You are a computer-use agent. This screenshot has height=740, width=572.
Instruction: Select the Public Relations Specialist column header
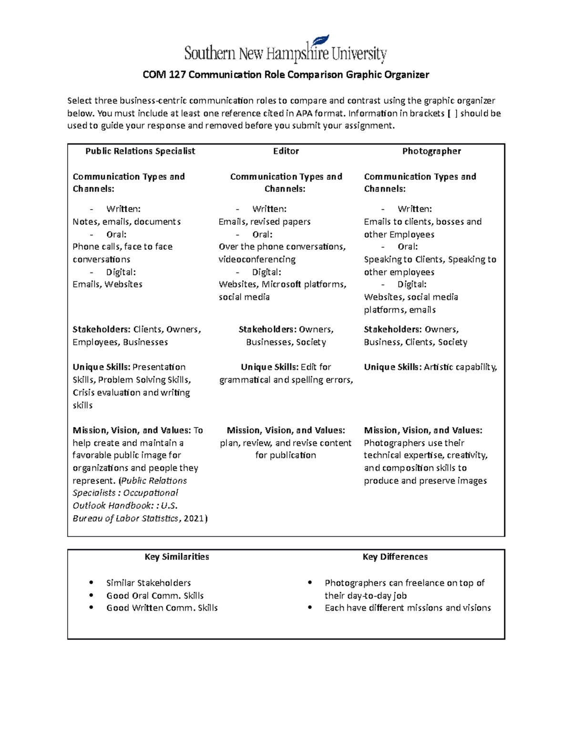click(140, 151)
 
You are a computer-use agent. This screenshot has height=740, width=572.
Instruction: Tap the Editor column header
click(286, 151)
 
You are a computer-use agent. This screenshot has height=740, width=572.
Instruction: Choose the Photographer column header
click(431, 151)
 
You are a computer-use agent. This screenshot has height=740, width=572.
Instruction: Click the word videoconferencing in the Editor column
click(257, 259)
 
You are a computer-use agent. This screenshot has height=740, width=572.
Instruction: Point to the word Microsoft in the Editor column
click(281, 284)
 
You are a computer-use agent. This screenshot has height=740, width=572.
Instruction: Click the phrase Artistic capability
click(460, 367)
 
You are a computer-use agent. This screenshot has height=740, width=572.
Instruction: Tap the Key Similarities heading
click(177, 557)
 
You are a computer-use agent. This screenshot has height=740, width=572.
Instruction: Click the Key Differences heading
click(395, 557)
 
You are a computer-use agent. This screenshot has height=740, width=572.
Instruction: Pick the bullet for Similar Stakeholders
click(91, 583)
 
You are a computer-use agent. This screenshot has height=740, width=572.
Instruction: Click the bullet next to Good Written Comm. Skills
click(91, 608)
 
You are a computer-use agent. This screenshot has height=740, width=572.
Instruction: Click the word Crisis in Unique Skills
click(83, 393)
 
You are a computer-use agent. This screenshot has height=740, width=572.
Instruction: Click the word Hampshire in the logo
click(297, 54)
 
